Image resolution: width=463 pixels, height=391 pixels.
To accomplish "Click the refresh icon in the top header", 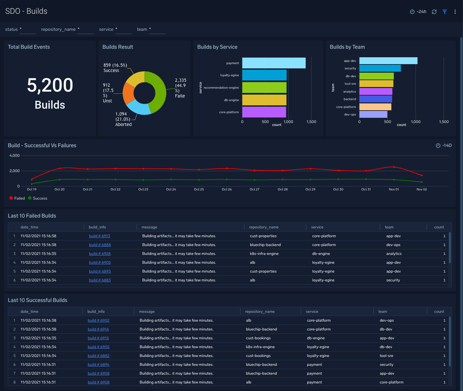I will (434, 12).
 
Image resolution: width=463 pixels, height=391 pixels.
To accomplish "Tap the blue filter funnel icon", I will (445, 12).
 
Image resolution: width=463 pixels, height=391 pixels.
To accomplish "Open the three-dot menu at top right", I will (455, 12).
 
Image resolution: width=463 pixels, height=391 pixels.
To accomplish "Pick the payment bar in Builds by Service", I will (274, 63).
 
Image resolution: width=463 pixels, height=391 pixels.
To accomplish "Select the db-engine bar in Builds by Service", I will (264, 100).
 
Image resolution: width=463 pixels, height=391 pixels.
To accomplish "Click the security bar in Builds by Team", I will (380, 68).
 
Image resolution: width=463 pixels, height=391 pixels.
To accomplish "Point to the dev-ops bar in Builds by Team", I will (373, 115).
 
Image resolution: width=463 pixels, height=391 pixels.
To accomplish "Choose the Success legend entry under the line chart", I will (38, 198).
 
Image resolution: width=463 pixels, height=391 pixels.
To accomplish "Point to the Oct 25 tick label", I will (199, 189).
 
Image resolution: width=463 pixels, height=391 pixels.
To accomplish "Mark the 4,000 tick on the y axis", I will (14, 155).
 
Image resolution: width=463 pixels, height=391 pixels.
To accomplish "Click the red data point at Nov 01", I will (394, 167).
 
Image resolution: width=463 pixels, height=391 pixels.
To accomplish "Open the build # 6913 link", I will (99, 236).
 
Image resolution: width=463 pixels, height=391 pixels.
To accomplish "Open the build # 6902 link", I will (98, 320).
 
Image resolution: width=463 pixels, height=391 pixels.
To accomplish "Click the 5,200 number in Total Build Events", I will (50, 85).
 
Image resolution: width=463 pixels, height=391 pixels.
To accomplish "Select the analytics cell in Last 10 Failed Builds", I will (394, 254).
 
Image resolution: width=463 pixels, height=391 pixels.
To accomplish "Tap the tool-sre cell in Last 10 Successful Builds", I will (386, 356).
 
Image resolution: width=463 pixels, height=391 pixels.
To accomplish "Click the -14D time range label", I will (447, 146).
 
